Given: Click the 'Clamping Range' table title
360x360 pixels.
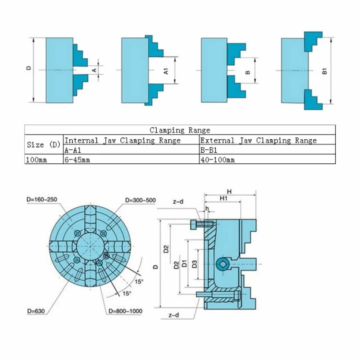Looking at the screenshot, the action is point(180,130).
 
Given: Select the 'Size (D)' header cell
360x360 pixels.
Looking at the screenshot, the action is point(43,145).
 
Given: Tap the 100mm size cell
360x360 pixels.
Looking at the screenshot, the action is point(36,160).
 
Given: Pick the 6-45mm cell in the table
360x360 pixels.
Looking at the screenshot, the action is point(77,160).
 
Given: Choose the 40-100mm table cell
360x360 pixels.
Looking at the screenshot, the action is point(217,160).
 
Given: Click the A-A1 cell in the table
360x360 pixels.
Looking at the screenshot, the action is point(73,150).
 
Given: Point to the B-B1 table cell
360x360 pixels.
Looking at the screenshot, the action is point(209,150).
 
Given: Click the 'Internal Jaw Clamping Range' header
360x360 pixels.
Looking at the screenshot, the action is point(122,140).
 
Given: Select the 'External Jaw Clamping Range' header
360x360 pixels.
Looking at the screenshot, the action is point(258,140).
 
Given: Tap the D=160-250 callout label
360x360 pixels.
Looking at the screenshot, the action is point(42,200).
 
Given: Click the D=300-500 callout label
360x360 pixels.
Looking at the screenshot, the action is point(140,200).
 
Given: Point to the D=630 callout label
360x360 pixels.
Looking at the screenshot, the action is point(36,311).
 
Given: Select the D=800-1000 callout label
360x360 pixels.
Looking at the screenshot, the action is point(126,311).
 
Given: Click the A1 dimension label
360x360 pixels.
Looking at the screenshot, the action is point(166,71).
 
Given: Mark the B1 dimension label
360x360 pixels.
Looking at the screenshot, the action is point(324,71).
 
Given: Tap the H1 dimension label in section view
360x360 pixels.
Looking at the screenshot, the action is point(223,198).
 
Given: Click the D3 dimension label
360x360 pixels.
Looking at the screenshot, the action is point(194,264).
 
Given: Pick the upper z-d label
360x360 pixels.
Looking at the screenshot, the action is point(178,201).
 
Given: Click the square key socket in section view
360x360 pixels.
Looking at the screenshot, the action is point(222,264).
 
